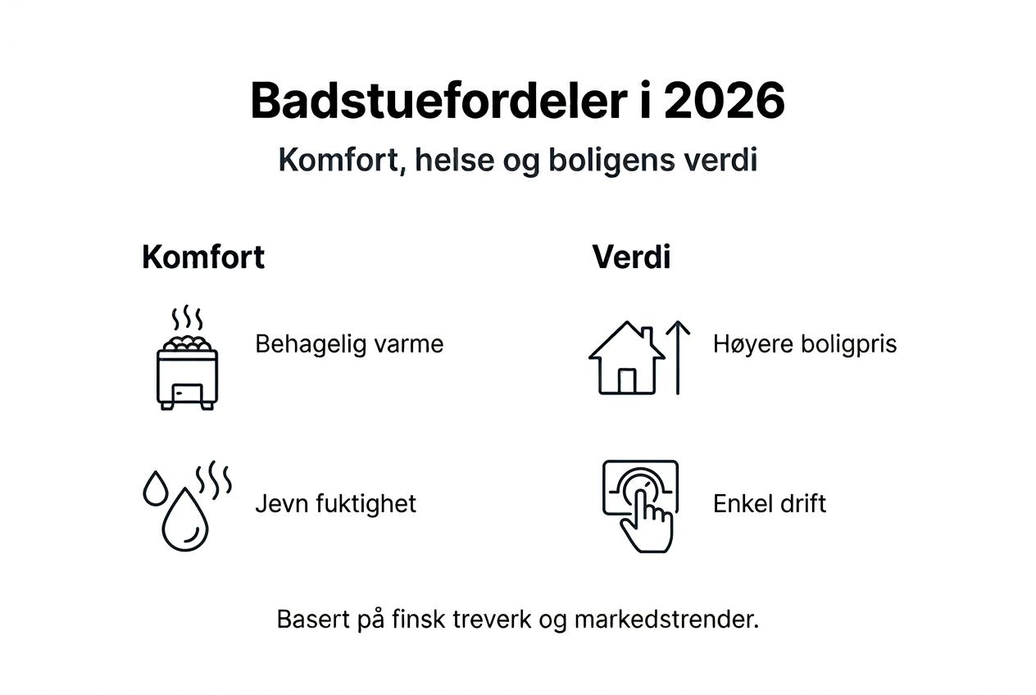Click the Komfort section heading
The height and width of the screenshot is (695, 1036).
coord(203,257)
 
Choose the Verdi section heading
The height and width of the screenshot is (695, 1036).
coord(631,257)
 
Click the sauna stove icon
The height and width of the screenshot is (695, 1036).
coord(187,373)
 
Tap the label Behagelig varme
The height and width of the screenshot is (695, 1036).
coord(349,343)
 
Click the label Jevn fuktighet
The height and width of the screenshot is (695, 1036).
coord(335,502)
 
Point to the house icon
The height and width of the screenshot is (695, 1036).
coord(626,360)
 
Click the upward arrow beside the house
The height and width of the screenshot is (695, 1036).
coord(678,357)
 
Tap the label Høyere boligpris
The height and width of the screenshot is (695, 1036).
coord(805,343)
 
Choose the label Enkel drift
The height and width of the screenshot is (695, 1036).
coord(770,502)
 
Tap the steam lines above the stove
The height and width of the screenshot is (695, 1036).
coord(187,318)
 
